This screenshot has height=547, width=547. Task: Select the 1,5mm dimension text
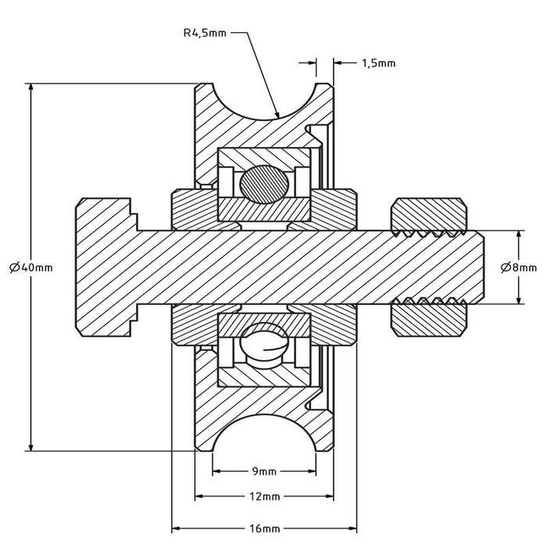click(x=378, y=63)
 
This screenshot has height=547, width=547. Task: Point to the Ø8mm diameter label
click(x=518, y=267)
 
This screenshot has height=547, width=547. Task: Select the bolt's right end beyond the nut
click(x=478, y=266)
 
